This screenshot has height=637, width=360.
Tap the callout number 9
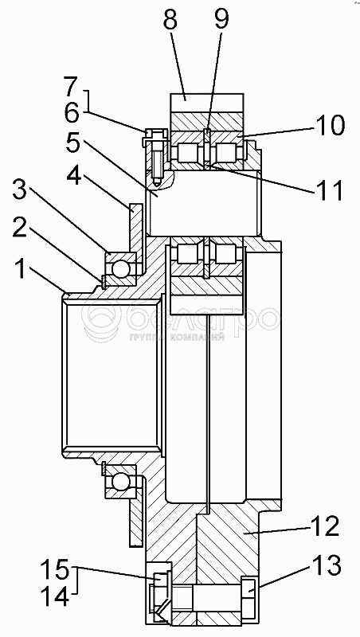(221, 20)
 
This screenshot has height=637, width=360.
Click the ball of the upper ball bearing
(121, 268)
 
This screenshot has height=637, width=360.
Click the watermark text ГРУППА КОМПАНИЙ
(177, 337)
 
